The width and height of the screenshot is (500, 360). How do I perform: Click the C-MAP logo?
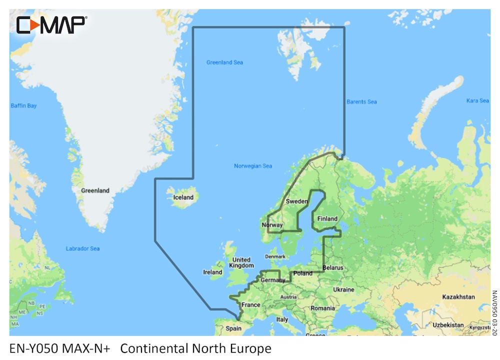pyautogui.click(x=51, y=24)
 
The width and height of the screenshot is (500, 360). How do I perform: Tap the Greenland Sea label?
pyautogui.click(x=224, y=62)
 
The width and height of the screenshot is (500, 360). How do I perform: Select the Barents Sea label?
pyautogui.click(x=361, y=102)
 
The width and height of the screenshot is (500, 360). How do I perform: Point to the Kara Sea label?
pyautogui.click(x=477, y=100)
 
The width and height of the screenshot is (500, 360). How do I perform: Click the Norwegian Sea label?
pyautogui.click(x=253, y=166)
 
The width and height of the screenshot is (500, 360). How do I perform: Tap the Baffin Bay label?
pyautogui.click(x=23, y=106)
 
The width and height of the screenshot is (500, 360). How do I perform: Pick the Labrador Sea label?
pyautogui.click(x=82, y=248)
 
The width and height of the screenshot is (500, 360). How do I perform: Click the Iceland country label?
pyautogui.click(x=183, y=197)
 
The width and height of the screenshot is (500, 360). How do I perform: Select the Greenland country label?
pyautogui.click(x=95, y=190)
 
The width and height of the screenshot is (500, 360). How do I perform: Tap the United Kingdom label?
pyautogui.click(x=242, y=263)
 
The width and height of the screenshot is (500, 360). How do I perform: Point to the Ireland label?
pyautogui.click(x=212, y=272)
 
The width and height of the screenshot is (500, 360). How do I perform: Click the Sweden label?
pyautogui.click(x=296, y=201)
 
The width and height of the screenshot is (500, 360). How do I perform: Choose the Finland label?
pyautogui.click(x=327, y=218)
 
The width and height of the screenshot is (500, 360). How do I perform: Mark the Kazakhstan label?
pyautogui.click(x=458, y=296)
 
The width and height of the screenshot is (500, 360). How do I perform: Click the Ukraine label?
pyautogui.click(x=343, y=289)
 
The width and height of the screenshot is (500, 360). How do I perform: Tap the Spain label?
pyautogui.click(x=233, y=328)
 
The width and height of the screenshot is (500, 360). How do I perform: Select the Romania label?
pyautogui.click(x=322, y=308)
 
